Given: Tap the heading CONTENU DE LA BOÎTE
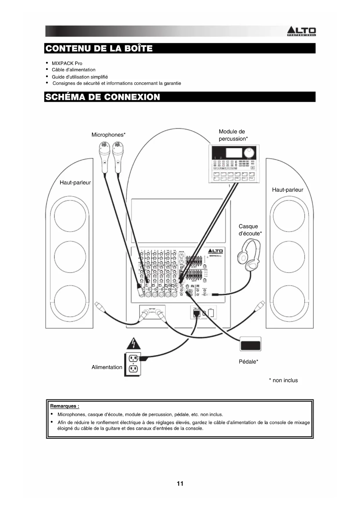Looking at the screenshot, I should click(x=99, y=48).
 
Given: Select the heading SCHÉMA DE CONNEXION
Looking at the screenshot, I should click(x=103, y=97).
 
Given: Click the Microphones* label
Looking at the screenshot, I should click(x=108, y=135).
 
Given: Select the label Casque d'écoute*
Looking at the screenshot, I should click(x=250, y=230).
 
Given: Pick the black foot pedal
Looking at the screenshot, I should click(x=250, y=344).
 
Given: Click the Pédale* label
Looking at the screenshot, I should click(x=248, y=362).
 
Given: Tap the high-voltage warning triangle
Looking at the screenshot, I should click(x=133, y=344).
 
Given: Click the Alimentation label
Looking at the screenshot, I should click(x=107, y=367).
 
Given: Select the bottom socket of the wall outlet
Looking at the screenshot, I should click(x=133, y=369).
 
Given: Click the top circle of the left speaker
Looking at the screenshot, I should click(x=70, y=216).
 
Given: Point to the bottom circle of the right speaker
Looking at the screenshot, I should click(x=289, y=302).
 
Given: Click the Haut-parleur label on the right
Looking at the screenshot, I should click(x=287, y=190).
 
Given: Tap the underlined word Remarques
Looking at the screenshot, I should click(x=65, y=406).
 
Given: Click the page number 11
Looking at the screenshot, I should click(x=180, y=483).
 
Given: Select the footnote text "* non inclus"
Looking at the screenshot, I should click(x=283, y=380).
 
